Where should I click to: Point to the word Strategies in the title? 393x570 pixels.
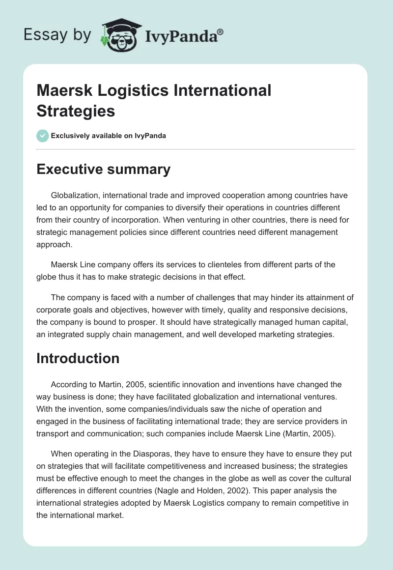(76, 111)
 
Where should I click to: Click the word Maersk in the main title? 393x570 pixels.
(63, 91)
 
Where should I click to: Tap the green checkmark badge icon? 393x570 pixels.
(43, 136)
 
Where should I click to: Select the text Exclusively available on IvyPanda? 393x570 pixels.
(108, 136)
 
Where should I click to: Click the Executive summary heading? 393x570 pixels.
(103, 169)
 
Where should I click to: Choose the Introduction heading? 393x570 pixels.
(78, 358)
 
